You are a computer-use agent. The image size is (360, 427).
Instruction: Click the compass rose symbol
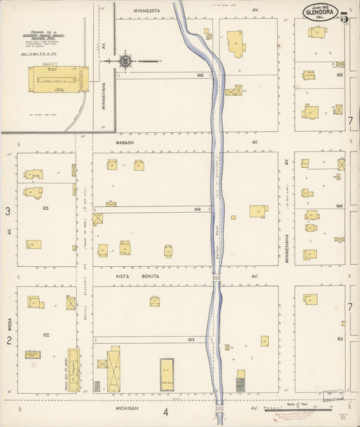(126, 61)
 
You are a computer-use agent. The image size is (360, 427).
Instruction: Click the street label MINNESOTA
(146, 11)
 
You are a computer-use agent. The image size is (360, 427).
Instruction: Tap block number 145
(199, 75)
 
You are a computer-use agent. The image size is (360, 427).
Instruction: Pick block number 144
(197, 209)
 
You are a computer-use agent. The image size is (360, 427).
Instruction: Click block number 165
(339, 76)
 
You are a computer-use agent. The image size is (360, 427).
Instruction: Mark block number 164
(339, 206)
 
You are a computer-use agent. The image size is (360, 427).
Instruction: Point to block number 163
(339, 338)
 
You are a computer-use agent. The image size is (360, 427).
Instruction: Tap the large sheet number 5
(345, 18)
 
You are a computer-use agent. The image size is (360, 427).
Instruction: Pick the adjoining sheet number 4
(165, 411)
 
